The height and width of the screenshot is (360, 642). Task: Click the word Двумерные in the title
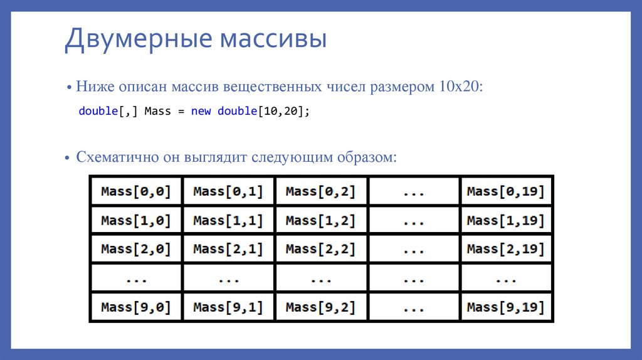tap(134, 39)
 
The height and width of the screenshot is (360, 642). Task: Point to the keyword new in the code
tap(201, 112)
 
